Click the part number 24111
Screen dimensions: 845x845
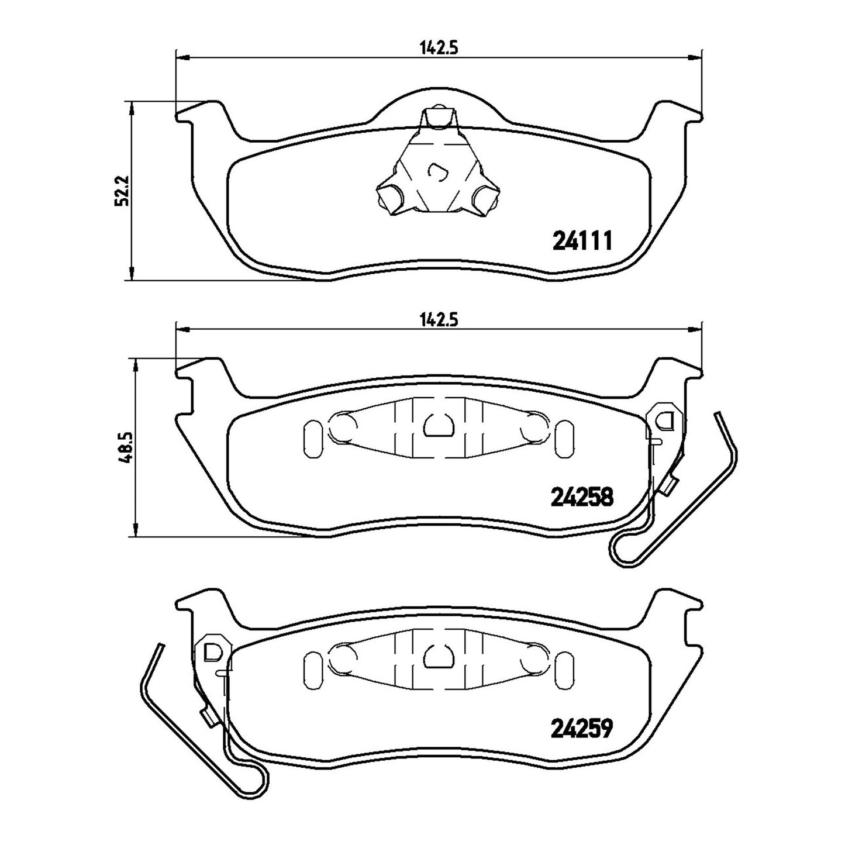pyautogui.click(x=582, y=241)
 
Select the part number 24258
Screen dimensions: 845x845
pyautogui.click(x=582, y=497)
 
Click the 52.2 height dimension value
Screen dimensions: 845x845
pyautogui.click(x=120, y=191)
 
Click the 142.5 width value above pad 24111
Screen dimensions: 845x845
pyautogui.click(x=439, y=47)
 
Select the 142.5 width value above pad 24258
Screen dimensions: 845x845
pyautogui.click(x=439, y=320)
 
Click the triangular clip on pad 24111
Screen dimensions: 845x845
pyautogui.click(x=437, y=168)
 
